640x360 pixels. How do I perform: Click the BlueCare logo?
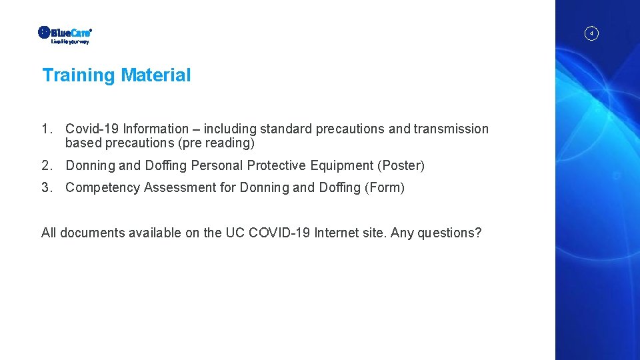click(x=65, y=34)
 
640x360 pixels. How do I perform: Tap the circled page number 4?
click(x=591, y=33)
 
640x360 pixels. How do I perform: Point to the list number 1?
click(x=46, y=129)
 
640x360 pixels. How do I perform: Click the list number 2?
click(x=46, y=165)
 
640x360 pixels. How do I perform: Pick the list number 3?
click(x=46, y=187)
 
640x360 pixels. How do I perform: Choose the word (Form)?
click(x=385, y=187)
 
